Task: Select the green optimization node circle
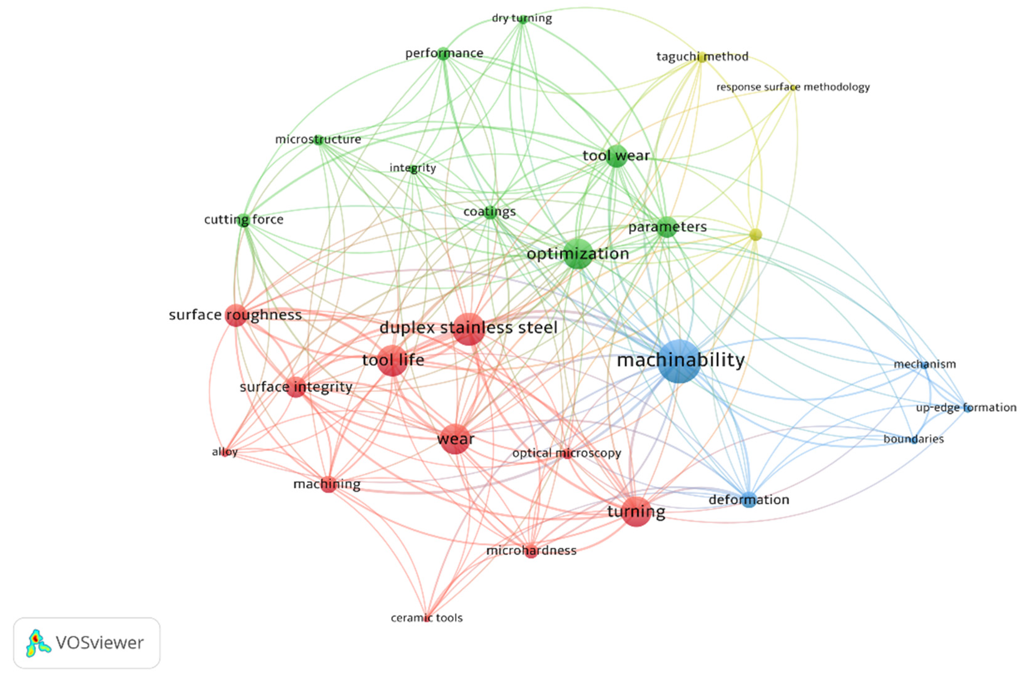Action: (x=578, y=254)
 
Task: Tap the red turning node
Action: (x=636, y=512)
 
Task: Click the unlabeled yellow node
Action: (x=755, y=234)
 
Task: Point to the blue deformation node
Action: (x=749, y=500)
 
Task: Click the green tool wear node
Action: (x=616, y=156)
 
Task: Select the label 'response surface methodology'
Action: (x=793, y=87)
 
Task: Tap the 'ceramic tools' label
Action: (x=427, y=618)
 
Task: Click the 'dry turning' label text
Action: (x=522, y=18)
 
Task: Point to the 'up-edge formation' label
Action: (x=966, y=408)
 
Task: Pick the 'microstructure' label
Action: (x=318, y=139)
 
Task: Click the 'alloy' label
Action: (x=225, y=452)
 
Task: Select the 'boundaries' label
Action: (x=913, y=439)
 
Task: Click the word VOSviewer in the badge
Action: (x=99, y=643)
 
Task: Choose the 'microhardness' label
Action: (x=531, y=550)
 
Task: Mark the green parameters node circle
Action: (x=667, y=227)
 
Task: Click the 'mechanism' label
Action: (x=925, y=364)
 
